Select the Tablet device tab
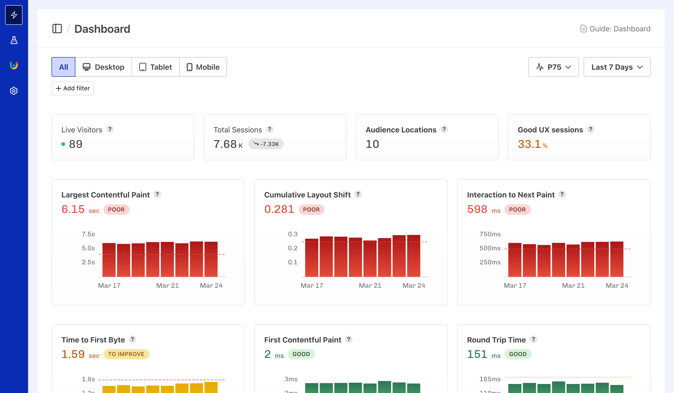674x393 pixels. pos(155,67)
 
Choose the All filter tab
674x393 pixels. pos(63,67)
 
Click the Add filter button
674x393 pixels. pos(73,88)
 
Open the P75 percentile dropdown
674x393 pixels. pos(553,67)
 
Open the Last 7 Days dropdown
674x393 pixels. pos(616,67)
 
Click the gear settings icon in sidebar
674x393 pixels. pos(14,91)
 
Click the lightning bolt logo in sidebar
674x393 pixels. pos(14,15)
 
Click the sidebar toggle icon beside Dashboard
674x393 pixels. pos(57,29)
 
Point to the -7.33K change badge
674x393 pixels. pos(266,144)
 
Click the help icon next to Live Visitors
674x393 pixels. pos(110,129)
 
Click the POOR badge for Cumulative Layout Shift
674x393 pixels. pos(311,210)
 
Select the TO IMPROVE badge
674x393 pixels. pos(126,354)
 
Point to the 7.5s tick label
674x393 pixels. pos(88,234)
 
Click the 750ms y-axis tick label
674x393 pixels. pos(490,234)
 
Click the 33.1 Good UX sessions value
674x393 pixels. pos(529,144)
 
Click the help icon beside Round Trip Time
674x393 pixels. pos(534,339)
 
